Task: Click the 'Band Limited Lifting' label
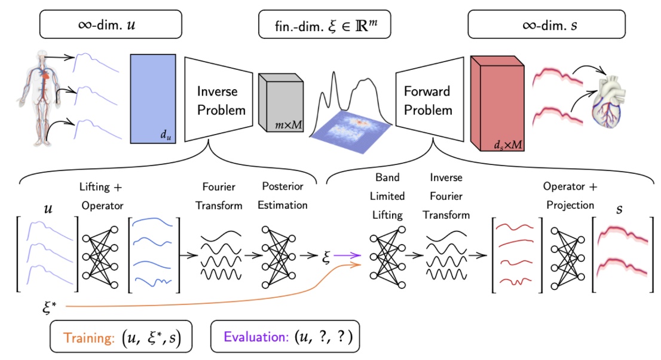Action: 388,196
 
